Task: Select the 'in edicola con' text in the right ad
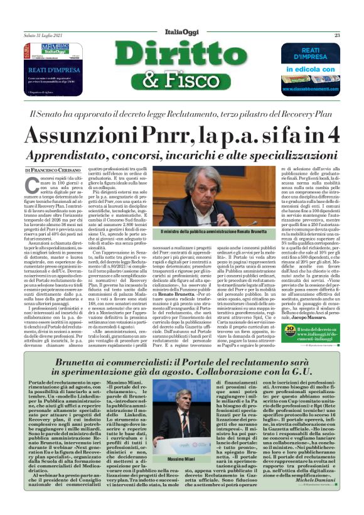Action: click(311, 69)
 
